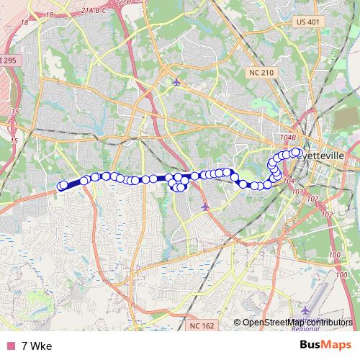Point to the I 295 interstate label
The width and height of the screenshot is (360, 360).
7,60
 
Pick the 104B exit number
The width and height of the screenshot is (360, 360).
288,136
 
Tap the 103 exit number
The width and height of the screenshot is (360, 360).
298,192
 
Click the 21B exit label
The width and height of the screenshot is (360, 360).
125,3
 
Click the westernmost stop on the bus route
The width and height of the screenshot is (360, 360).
62,186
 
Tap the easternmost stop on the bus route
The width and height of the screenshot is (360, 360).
296,152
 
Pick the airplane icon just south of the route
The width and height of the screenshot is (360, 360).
206,207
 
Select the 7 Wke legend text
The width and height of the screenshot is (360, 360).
36,346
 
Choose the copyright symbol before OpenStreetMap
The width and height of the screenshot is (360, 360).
237,323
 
